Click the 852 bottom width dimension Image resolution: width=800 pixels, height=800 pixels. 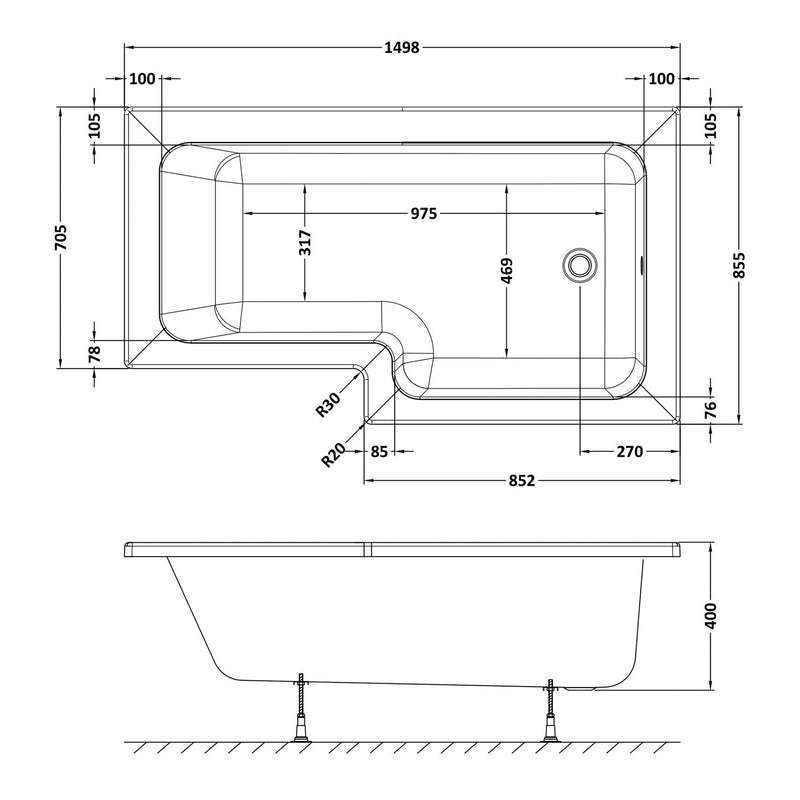click(518, 481)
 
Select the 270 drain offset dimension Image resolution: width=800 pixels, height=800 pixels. click(628, 452)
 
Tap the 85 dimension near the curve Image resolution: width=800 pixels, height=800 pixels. click(379, 452)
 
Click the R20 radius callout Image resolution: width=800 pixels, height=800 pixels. click(333, 455)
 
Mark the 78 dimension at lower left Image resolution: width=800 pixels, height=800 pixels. click(94, 352)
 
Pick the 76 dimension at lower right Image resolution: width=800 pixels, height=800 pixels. click(709, 408)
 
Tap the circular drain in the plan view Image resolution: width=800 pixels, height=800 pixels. click(579, 266)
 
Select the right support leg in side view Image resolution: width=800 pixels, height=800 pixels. click(549, 711)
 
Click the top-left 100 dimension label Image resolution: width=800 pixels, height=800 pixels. click(143, 79)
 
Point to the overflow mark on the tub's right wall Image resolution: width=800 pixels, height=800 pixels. click(641, 266)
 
